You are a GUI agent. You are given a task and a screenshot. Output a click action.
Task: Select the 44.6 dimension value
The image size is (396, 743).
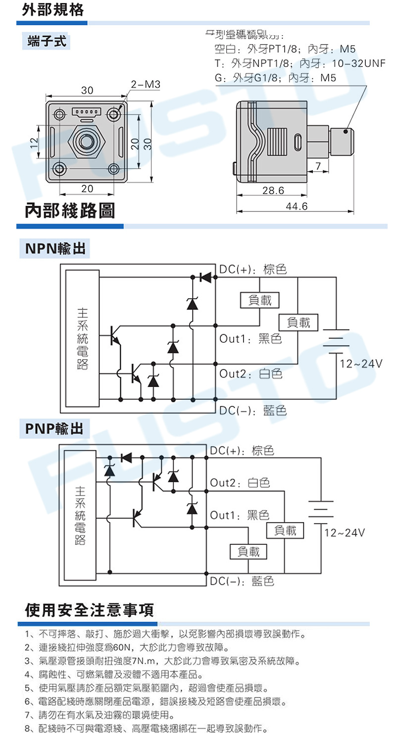coord(297,206)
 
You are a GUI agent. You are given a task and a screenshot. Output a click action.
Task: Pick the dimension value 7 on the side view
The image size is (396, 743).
coord(318,165)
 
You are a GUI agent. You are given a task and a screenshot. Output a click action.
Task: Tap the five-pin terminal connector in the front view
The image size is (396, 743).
coord(87,111)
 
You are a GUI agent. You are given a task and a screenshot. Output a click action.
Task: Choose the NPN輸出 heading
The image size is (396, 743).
coord(55,249)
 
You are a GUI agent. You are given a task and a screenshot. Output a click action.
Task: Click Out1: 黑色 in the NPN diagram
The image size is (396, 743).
coord(250,339)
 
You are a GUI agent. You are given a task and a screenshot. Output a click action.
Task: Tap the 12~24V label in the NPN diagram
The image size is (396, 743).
coord(361,364)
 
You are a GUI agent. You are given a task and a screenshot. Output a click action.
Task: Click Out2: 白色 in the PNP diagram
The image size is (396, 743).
coord(240,482)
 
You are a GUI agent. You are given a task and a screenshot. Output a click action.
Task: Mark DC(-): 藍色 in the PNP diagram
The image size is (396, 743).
coord(242,581)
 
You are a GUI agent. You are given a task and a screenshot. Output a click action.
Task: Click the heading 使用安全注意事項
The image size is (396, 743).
coord(90,609)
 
